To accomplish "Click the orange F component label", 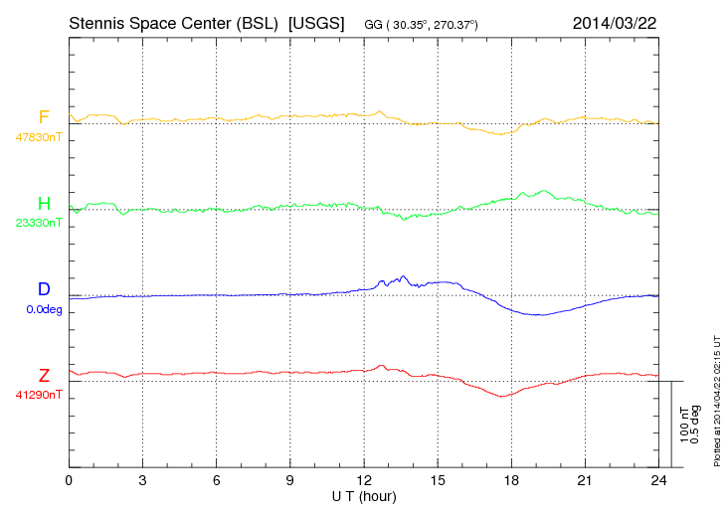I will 43,117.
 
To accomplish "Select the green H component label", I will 44,204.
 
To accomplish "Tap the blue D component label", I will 43,289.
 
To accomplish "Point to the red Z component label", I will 44,375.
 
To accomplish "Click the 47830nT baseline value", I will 38,137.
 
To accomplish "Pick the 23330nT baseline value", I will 38,223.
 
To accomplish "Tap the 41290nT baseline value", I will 38,394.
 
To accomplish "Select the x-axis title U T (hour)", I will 364,495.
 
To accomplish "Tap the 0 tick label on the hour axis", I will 69,480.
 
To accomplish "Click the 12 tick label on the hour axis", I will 364,480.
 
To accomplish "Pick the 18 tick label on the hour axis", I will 511,480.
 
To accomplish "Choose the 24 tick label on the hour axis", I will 658,480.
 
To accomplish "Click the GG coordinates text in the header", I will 422,23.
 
